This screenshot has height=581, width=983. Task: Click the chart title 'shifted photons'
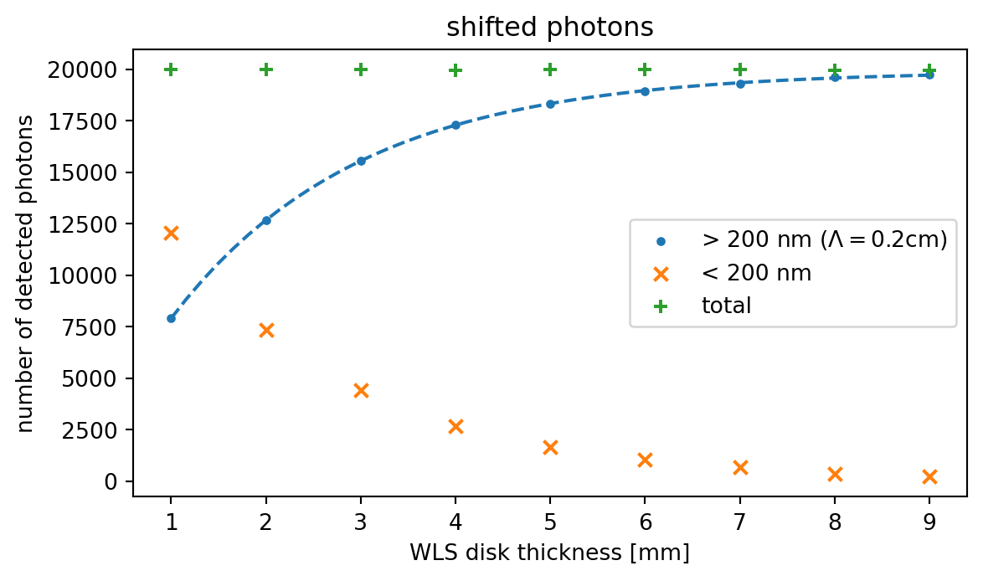(549, 28)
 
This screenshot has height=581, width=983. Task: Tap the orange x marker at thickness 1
(171, 233)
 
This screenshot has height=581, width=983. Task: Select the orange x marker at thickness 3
(361, 390)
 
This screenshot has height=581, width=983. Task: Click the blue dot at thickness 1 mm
(171, 318)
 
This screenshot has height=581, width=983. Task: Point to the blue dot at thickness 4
(455, 125)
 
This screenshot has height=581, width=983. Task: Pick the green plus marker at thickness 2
(266, 69)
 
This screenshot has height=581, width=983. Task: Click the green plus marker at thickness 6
(645, 69)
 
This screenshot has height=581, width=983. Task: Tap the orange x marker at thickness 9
(929, 476)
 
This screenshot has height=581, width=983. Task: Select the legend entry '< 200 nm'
(756, 273)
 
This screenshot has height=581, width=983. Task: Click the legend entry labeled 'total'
(726, 306)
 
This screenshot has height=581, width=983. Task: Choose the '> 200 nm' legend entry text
(824, 240)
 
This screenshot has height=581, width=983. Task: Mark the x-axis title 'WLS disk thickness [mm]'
(549, 553)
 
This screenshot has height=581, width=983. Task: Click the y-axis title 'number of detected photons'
(26, 274)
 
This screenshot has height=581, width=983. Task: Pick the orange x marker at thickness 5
(550, 447)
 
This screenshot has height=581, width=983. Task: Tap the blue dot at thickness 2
(266, 220)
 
